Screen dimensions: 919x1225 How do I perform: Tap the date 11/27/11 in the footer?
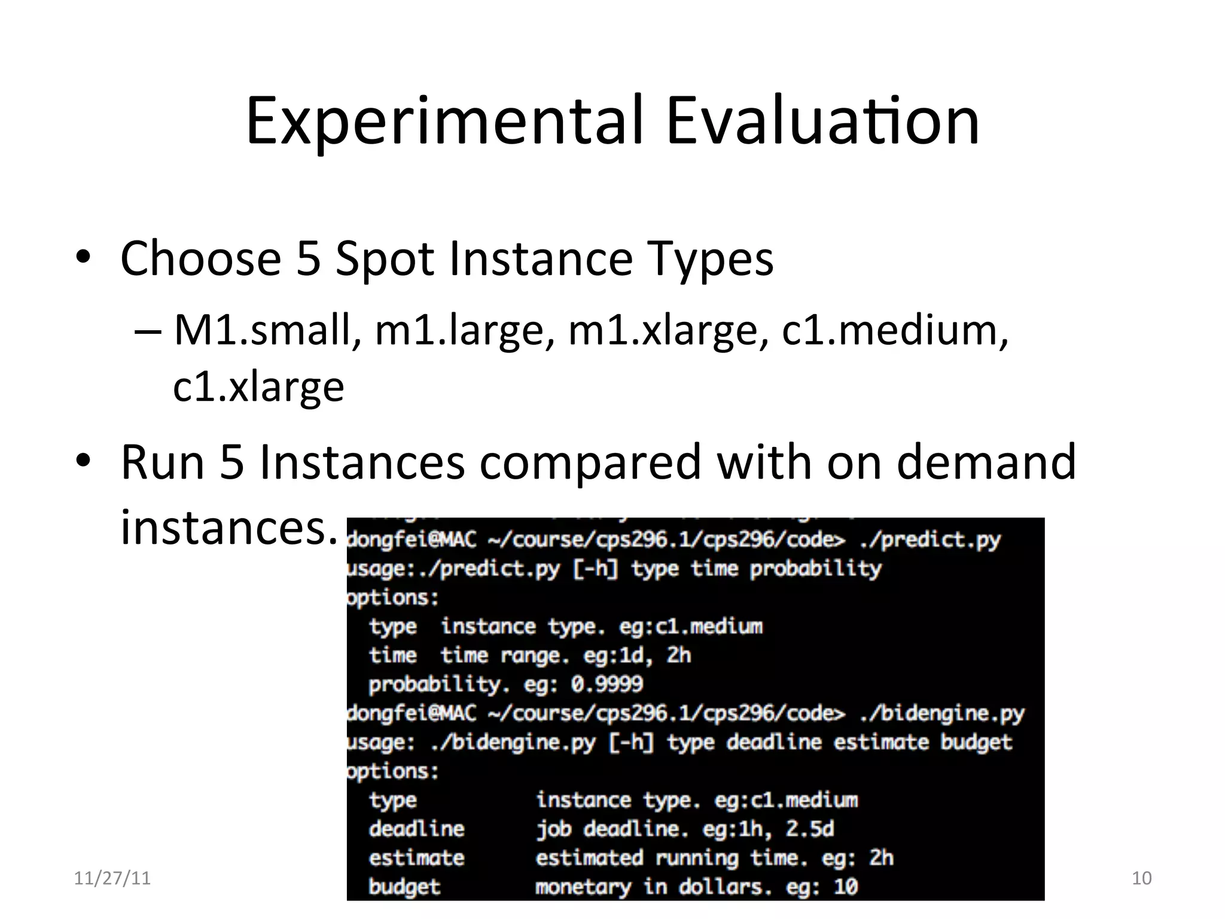click(112, 878)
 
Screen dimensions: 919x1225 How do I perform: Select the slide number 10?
click(1141, 878)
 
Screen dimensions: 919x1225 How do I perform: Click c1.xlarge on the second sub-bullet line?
click(258, 387)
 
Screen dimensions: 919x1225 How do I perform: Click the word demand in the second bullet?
click(986, 462)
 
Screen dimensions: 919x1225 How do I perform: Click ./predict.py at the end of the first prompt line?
click(930, 540)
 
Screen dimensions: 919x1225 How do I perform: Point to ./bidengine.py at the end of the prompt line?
click(941, 713)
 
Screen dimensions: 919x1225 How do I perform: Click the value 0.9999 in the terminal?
click(607, 684)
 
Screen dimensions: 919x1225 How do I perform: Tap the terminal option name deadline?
click(416, 829)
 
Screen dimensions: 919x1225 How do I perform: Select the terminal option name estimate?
click(416, 857)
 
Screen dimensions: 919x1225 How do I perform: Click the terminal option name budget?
click(404, 886)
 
